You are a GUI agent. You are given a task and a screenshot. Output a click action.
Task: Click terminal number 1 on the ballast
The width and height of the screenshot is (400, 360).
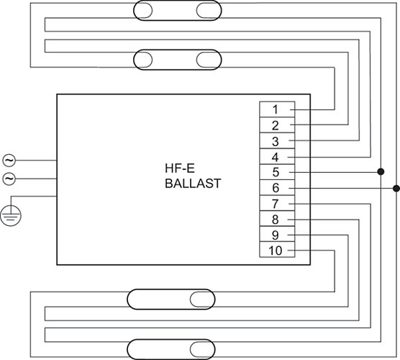pos(275,109)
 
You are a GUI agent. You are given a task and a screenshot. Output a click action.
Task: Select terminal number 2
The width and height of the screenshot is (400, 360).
pos(275,125)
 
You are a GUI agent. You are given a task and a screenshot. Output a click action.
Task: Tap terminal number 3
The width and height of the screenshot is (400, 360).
pos(275,141)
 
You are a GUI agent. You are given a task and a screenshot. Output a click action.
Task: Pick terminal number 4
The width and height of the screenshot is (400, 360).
pos(275,157)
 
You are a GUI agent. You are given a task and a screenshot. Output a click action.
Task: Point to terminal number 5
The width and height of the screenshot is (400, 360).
pos(276,172)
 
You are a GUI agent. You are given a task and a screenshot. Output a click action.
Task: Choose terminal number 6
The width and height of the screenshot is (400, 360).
pos(276,188)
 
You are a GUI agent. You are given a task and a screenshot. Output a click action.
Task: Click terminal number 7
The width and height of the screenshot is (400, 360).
pos(275,204)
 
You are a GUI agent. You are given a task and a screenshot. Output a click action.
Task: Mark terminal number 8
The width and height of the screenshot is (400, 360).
pos(275,220)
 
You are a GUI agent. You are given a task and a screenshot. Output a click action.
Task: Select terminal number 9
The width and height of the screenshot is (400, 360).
pos(275,235)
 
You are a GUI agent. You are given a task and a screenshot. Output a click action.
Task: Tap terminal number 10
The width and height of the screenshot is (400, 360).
pos(276,251)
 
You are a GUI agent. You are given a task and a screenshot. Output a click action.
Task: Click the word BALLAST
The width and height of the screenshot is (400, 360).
pos(193,184)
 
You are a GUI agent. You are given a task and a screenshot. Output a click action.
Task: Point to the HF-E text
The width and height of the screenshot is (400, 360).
pos(180,168)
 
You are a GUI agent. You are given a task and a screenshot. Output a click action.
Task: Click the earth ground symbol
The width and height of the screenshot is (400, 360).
pos(11,215)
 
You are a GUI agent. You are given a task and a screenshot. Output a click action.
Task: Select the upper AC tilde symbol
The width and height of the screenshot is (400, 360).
pos(9,161)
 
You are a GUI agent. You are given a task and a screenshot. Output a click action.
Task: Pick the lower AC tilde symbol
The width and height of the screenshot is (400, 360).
pos(9,179)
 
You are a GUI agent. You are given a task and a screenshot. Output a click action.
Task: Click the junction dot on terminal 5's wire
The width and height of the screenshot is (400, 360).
pos(381,171)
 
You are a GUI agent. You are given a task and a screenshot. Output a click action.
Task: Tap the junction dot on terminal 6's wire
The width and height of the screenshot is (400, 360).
pos(396,189)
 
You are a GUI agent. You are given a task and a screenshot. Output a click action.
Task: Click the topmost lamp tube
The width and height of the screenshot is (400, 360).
pos(178,11)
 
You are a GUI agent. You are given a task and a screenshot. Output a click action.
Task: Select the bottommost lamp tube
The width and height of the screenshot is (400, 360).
pos(171,349)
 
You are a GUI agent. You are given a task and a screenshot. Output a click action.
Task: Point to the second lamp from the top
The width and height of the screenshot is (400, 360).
pos(178,60)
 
